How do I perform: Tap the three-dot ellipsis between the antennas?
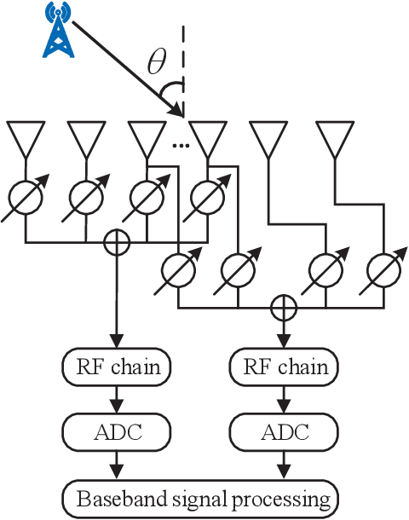point(180,146)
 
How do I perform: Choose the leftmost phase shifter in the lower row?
point(178,269)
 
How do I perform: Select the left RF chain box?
point(117,367)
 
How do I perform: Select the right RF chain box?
point(280,367)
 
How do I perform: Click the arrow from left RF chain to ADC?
point(117,398)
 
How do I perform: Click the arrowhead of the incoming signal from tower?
point(178,111)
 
